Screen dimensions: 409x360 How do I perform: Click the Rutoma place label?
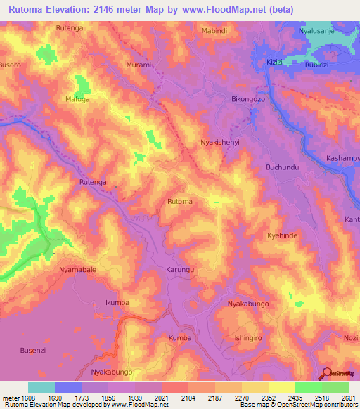coord(179,202)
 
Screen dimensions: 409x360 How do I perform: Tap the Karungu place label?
coord(179,270)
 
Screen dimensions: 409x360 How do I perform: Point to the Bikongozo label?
coord(248,100)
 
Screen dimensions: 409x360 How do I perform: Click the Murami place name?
coord(139,65)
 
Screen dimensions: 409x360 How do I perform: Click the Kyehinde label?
coord(283,235)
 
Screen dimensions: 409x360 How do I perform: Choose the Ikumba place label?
coord(117,302)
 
